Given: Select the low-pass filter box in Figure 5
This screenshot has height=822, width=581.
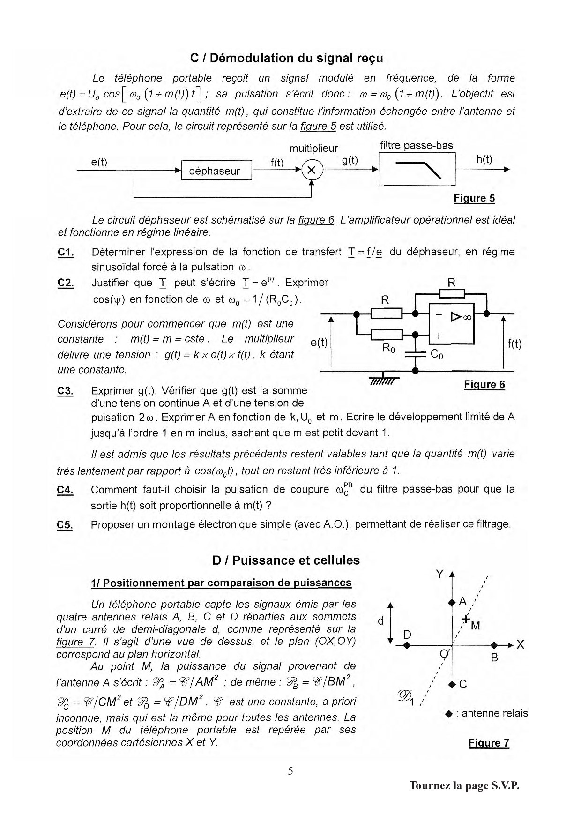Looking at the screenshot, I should point(417,169).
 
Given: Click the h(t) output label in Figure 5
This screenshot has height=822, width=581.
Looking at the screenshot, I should point(484,159).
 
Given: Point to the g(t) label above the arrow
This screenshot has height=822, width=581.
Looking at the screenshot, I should point(350,160).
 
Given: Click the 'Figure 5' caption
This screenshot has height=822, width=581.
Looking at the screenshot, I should point(474,198).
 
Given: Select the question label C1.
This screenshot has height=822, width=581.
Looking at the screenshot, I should point(66,253).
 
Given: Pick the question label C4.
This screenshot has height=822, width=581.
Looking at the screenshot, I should point(65,490).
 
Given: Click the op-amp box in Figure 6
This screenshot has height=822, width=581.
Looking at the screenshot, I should point(452,323).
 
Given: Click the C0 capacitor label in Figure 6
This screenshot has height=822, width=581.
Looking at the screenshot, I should point(437,354).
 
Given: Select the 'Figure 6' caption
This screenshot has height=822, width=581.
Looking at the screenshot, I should point(484,385).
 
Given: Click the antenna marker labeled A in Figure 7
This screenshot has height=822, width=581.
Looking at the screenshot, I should point(452,602).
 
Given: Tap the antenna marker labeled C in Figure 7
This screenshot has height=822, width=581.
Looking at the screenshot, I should point(452,684).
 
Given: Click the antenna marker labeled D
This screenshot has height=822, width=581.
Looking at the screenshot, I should point(407,646).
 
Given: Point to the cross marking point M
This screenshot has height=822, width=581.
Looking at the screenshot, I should point(466,619).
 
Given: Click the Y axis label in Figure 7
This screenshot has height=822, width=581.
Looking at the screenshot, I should point(439,574).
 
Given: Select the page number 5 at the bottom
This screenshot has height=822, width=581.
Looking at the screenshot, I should point(290,770).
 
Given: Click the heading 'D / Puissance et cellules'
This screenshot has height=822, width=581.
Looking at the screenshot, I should point(286,560).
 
